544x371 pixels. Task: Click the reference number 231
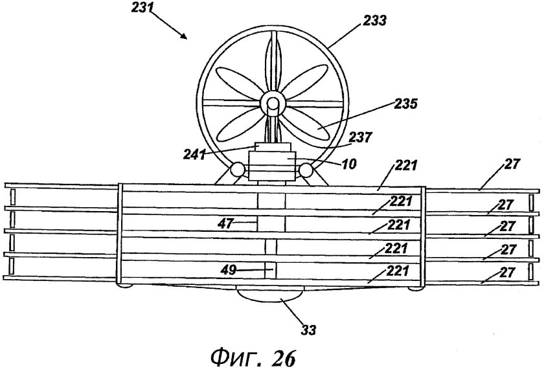(x=142, y=7)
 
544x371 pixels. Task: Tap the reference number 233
(x=375, y=21)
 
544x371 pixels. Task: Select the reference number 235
(x=406, y=104)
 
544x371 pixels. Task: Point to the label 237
(x=361, y=137)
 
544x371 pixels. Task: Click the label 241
(x=195, y=154)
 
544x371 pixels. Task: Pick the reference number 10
(x=349, y=164)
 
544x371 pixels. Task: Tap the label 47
(x=225, y=223)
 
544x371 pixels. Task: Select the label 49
(x=229, y=270)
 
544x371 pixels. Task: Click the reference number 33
(x=308, y=330)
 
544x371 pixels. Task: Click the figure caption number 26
(x=284, y=357)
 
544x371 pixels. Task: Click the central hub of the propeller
(x=273, y=103)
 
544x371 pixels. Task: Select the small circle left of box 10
(x=237, y=170)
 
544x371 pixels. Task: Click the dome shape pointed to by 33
(x=269, y=294)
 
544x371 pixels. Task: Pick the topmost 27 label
(x=512, y=164)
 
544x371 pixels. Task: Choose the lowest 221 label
(x=398, y=271)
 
